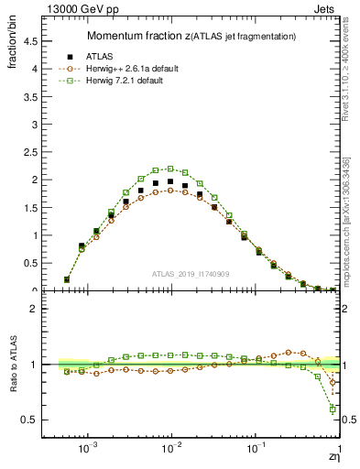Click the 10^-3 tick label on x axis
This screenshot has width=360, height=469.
pyautogui.click(x=88, y=450)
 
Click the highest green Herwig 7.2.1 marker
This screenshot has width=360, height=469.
pyautogui.click(x=170, y=169)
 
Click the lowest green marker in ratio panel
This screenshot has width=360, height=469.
pyautogui.click(x=333, y=409)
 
